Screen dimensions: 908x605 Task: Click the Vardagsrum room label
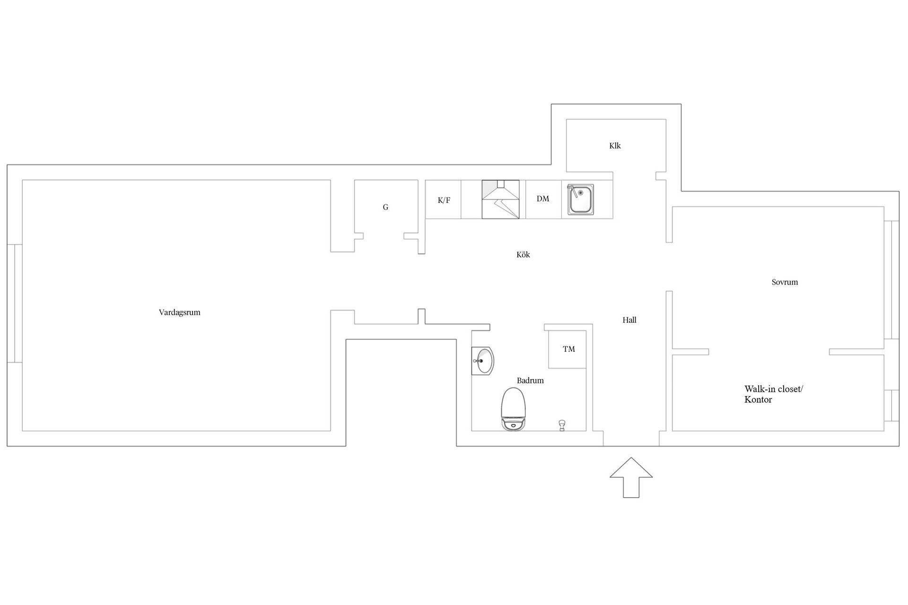(180, 312)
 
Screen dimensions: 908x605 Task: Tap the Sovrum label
(785, 282)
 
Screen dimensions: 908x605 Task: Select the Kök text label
(523, 255)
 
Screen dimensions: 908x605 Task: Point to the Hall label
(629, 320)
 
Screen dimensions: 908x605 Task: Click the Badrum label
(530, 380)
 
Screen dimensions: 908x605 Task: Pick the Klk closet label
(615, 146)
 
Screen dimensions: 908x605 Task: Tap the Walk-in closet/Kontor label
(774, 394)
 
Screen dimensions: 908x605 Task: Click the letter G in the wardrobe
(385, 207)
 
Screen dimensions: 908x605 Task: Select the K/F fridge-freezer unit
(443, 199)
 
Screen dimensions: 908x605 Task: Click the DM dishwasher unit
(543, 199)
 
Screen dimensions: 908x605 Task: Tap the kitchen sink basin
(580, 200)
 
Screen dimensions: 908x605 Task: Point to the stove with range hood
(500, 199)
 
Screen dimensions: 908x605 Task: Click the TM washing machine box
(567, 349)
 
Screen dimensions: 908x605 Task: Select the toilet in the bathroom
(513, 409)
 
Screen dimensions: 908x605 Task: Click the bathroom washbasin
(483, 361)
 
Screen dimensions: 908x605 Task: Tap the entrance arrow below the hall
(631, 477)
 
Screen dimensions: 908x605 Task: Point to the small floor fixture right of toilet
(562, 425)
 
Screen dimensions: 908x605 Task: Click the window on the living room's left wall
(15, 303)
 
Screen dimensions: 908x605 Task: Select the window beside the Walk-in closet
(891, 406)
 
